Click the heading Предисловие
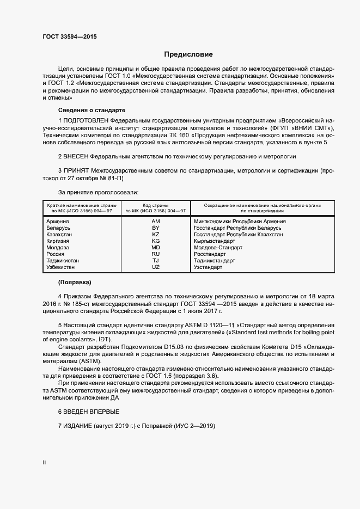point(189,54)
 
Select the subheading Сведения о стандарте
point(84,109)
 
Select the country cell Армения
point(58,222)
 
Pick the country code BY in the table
point(156,228)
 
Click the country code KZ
point(156,235)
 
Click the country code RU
point(156,254)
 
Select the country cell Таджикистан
point(63,261)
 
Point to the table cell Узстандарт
point(208,267)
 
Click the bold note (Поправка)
point(75,283)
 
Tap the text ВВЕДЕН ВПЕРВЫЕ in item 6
point(91,411)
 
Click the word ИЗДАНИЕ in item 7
point(77,426)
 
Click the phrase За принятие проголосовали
point(98,192)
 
